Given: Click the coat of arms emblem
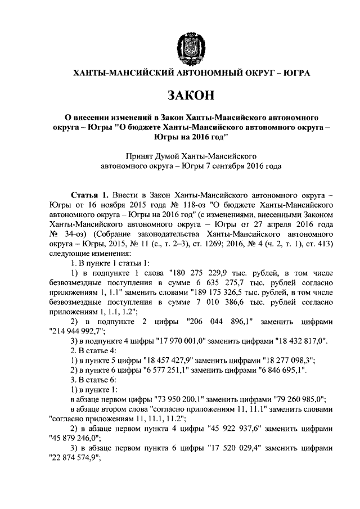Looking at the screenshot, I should click(x=188, y=45).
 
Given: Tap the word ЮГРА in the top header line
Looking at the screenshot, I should click(x=295, y=73).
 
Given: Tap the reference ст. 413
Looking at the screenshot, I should click(x=322, y=244).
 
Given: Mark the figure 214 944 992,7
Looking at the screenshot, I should click(x=74, y=332).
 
